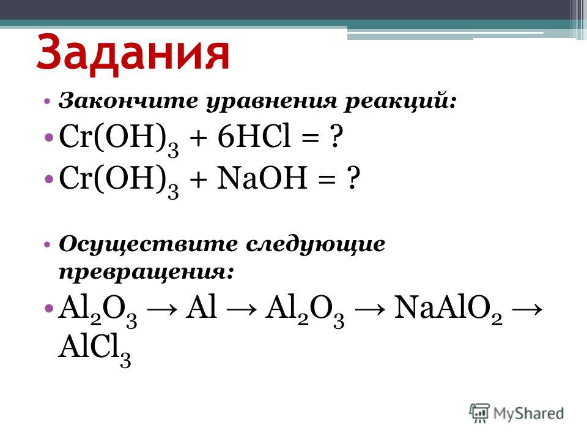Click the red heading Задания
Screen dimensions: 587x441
pyautogui.click(x=133, y=53)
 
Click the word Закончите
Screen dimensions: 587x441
pyautogui.click(x=128, y=101)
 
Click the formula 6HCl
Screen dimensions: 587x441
pyautogui.click(x=253, y=136)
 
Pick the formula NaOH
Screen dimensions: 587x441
pyautogui.click(x=262, y=178)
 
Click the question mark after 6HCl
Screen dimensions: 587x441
pyautogui.click(x=335, y=137)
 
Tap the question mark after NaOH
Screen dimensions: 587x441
pyautogui.click(x=352, y=178)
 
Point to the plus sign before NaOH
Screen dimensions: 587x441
pyautogui.click(x=198, y=179)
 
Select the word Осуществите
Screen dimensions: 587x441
pyautogui.click(x=148, y=245)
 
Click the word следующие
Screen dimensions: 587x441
pyautogui.click(x=316, y=245)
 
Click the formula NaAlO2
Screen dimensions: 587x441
pyautogui.click(x=448, y=310)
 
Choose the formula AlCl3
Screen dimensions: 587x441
pyautogui.click(x=94, y=350)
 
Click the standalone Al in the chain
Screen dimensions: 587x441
pyautogui.click(x=201, y=307)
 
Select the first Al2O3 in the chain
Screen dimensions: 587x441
pyautogui.click(x=97, y=311)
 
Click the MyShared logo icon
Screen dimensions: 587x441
pyautogui.click(x=479, y=413)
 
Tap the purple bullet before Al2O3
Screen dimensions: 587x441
pyautogui.click(x=49, y=308)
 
